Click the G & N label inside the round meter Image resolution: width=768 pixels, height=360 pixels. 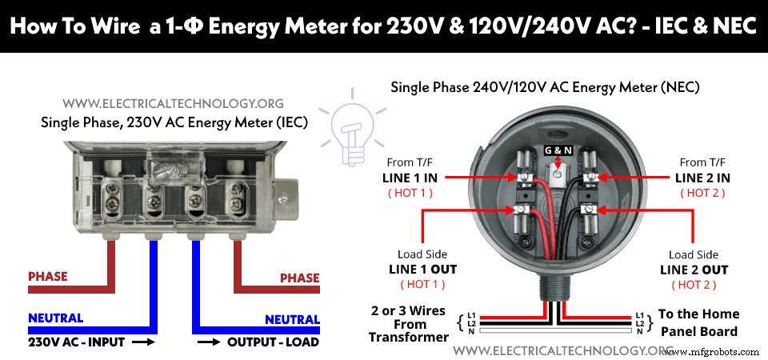coord(558,150)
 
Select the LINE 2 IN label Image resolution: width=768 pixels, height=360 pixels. coord(702,177)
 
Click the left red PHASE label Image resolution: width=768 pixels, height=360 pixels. coord(48,277)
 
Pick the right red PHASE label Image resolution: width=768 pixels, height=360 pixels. coord(300,278)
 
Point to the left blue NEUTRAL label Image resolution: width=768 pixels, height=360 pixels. coord(55,318)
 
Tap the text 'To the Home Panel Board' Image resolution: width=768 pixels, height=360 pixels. coord(698,322)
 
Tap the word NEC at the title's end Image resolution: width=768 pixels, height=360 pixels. coord(731,26)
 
